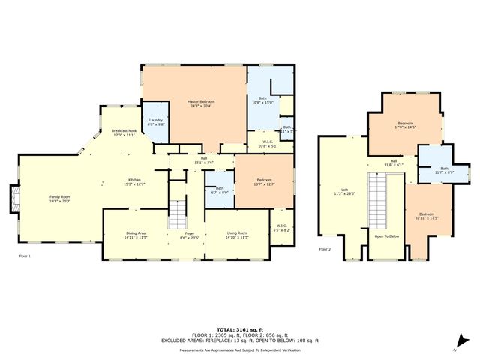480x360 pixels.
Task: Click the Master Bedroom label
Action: pos(193,103)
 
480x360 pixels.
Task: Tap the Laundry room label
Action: pos(156,122)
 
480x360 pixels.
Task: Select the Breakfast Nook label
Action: pos(124,133)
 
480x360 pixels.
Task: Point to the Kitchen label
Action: pos(134,181)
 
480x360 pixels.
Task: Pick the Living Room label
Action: pos(238,235)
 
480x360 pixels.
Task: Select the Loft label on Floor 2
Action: pos(344,191)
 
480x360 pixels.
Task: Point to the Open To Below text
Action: pos(386,236)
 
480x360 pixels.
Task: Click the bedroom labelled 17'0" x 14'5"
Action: pos(405,125)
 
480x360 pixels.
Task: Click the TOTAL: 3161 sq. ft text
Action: pos(240,329)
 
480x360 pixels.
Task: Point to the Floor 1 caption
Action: pos(25,256)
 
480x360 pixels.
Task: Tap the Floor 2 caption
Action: pos(325,249)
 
